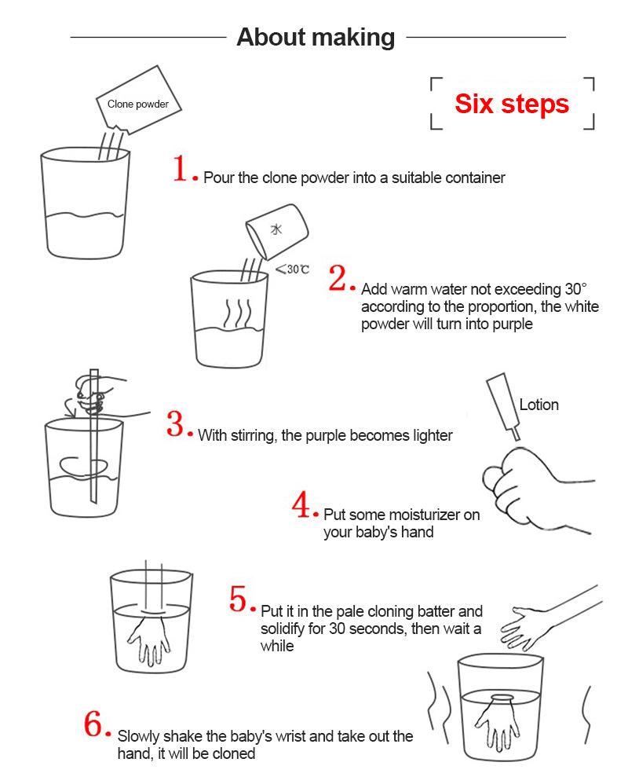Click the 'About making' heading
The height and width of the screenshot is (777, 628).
316,37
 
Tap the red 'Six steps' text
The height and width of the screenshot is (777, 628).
512,104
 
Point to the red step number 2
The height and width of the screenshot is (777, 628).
337,279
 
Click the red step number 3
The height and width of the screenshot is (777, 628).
176,424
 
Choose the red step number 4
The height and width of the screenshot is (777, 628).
302,505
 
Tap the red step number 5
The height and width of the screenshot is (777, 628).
241,599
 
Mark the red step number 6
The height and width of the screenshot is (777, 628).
95,724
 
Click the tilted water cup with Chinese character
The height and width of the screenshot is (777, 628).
277,230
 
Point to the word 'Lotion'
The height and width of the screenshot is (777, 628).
539,405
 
